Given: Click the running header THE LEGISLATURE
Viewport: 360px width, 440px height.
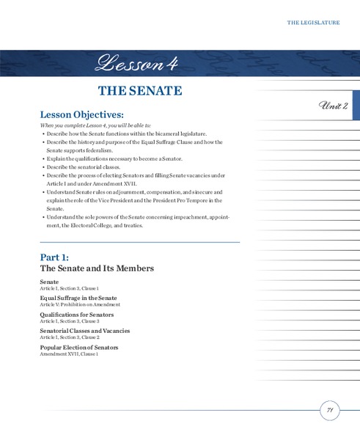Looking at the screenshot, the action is coord(313,23).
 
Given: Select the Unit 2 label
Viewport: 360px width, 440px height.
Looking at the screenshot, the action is coord(334,106).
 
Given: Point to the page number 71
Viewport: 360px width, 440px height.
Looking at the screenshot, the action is coord(330,411).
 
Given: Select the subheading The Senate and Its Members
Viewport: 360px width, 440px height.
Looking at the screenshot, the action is coord(97,268).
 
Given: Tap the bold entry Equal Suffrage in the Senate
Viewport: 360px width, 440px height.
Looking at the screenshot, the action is coord(78,298).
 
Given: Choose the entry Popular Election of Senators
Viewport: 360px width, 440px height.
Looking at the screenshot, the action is coord(79,347).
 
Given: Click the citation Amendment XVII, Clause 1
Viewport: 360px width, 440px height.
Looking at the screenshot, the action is coord(69,354).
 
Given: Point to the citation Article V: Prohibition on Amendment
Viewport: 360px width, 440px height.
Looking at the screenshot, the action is coord(79,304).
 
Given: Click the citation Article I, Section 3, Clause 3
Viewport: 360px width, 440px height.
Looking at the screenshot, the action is coord(70,321).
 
